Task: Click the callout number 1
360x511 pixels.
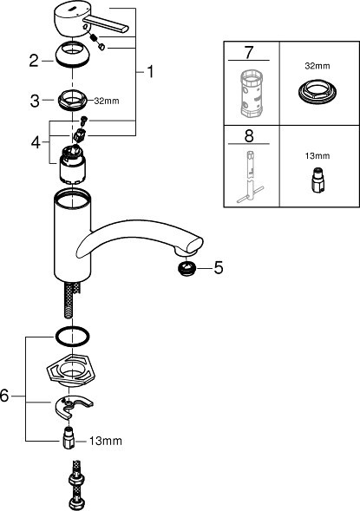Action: (x=150, y=72)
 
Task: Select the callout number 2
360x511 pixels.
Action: (x=34, y=61)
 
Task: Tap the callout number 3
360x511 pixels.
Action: (x=35, y=101)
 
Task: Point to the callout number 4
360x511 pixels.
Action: (x=36, y=142)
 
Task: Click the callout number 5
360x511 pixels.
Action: (x=219, y=268)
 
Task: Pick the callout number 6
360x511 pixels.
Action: (x=4, y=396)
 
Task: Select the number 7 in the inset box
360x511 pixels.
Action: (x=249, y=52)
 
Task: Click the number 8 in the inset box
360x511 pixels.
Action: (x=249, y=136)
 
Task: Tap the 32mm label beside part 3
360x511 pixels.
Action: (x=107, y=101)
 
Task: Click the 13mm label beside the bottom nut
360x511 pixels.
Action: (x=106, y=442)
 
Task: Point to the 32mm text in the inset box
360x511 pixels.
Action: (x=317, y=66)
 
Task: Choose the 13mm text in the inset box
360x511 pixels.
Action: (x=317, y=156)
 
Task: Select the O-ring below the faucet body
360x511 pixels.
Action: (x=73, y=336)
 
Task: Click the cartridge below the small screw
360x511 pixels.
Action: (x=72, y=167)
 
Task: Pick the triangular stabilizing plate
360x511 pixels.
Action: (x=71, y=370)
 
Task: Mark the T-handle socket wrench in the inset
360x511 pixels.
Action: (x=250, y=177)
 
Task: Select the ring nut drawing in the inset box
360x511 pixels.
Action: (x=317, y=92)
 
